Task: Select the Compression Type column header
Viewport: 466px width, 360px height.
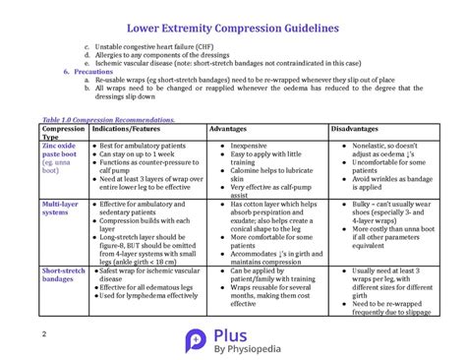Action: pyautogui.click(x=63, y=133)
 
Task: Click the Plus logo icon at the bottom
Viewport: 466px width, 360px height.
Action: pyautogui.click(x=195, y=338)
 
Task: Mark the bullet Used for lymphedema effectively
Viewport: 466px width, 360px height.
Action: pyautogui.click(x=148, y=296)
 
